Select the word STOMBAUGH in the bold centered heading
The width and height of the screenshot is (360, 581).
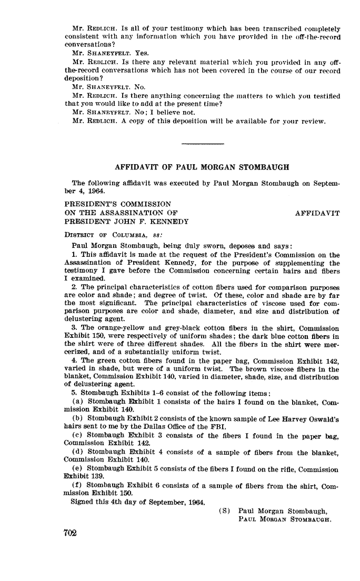pos(265,168)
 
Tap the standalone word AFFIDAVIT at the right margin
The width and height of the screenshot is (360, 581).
pos(317,213)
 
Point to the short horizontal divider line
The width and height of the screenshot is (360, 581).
pos(202,143)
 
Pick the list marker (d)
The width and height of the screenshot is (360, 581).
pos(77,453)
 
